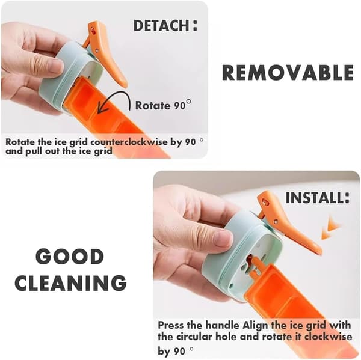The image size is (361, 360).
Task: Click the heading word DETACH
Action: pyautogui.click(x=161, y=25)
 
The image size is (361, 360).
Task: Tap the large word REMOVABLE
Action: pyautogui.click(x=288, y=73)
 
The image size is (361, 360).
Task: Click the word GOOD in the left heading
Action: pyautogui.click(x=70, y=257)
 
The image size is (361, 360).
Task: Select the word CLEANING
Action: pyautogui.click(x=70, y=282)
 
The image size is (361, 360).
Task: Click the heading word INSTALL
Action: pyautogui.click(x=315, y=198)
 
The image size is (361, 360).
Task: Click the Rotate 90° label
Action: pyautogui.click(x=163, y=105)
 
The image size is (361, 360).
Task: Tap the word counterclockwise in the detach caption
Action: pyautogui.click(x=129, y=142)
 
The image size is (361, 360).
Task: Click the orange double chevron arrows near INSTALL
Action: pyautogui.click(x=330, y=227)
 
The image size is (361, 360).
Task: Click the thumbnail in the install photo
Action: pyautogui.click(x=221, y=239)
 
